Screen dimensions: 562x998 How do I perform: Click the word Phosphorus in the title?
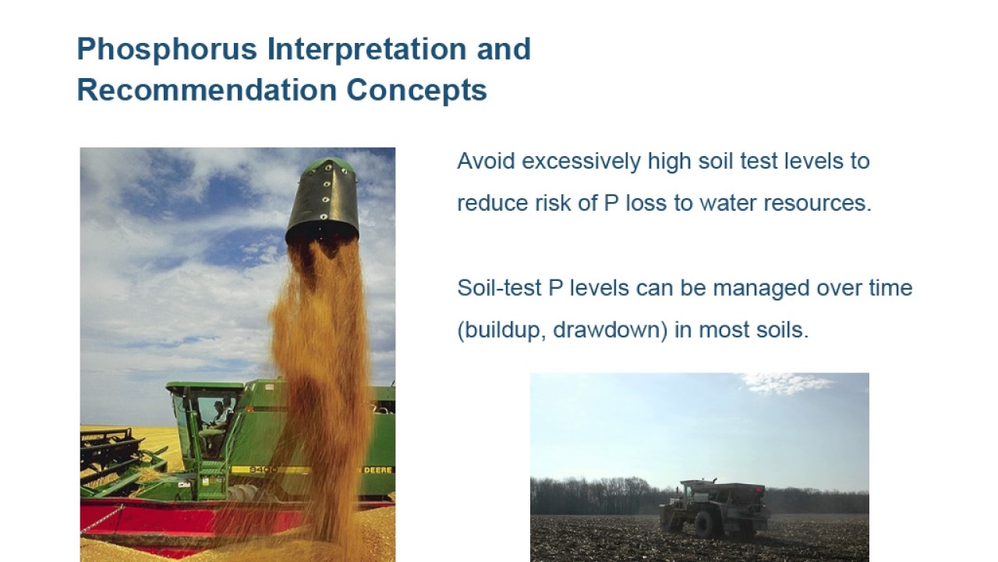167,49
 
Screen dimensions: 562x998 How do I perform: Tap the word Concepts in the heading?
416,90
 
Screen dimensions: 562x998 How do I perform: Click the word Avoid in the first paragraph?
485,162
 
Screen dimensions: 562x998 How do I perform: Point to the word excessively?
581,162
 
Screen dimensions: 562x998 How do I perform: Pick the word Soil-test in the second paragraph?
499,288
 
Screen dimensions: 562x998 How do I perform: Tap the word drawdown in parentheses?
610,330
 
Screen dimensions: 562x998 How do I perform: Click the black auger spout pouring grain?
323,201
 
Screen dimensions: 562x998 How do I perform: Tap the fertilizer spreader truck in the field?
713,505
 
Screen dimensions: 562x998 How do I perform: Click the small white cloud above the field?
784,383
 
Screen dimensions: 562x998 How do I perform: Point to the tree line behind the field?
593,495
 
